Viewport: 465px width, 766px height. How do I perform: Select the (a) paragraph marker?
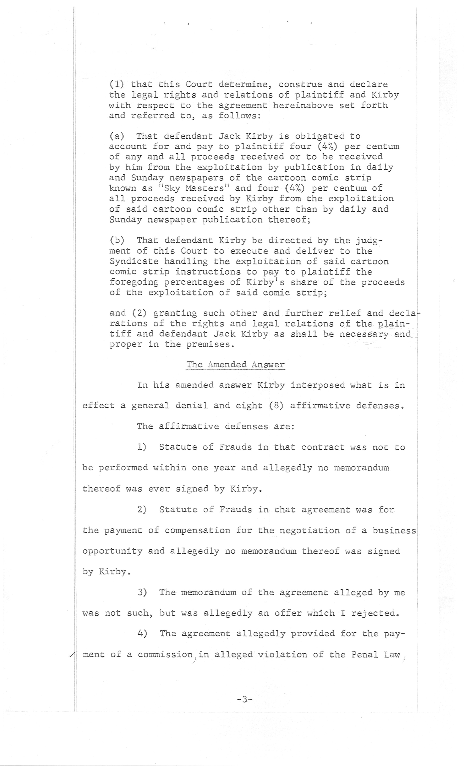click(117, 136)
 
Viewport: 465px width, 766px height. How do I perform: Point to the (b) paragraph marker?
click(117, 240)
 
